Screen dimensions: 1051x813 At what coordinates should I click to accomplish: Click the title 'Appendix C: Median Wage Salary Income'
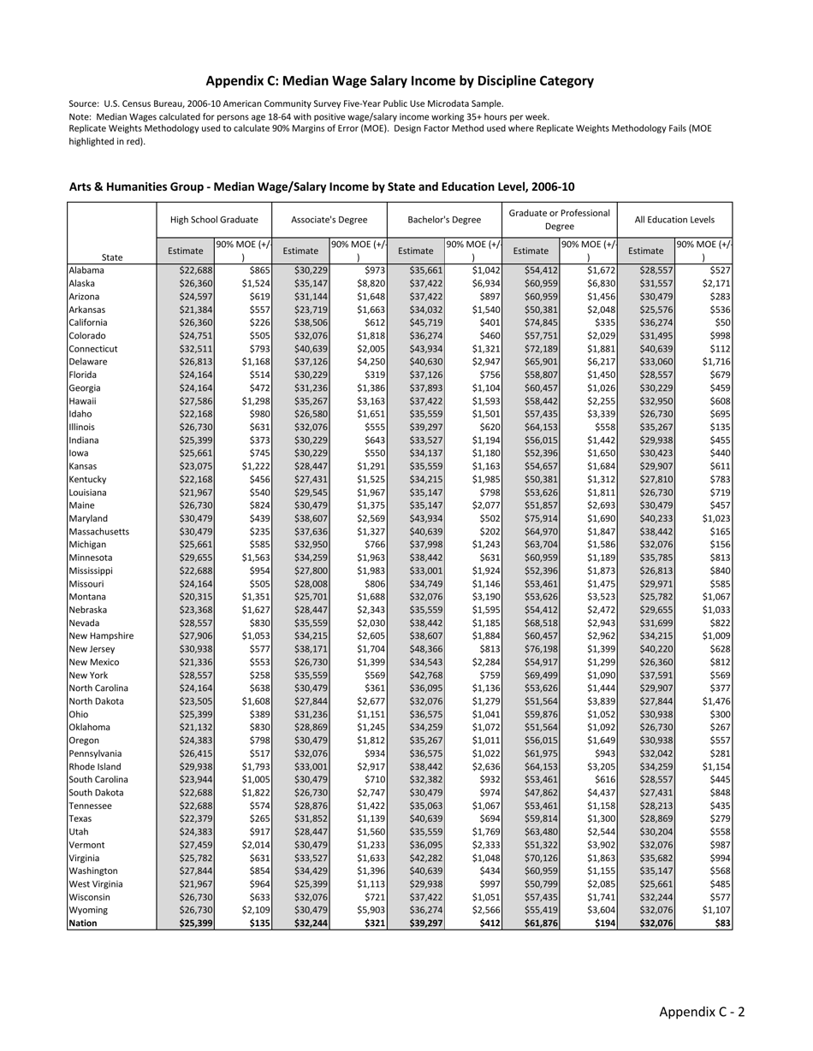[400, 81]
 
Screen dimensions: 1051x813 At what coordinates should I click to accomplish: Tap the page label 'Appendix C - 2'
[701, 1012]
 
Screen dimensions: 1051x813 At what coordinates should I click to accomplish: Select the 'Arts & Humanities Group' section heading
[321, 186]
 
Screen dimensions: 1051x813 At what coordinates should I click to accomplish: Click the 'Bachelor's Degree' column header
[444, 220]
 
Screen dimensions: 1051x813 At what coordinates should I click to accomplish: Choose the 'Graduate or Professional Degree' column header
[560, 220]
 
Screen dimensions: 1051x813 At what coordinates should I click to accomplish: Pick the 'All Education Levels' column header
[674, 220]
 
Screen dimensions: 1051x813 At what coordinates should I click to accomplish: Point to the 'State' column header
[111, 257]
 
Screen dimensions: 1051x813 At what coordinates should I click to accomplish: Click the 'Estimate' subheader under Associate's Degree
[300, 251]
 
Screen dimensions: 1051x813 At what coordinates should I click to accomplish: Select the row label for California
[88, 322]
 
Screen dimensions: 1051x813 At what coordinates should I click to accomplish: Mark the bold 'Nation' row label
[83, 924]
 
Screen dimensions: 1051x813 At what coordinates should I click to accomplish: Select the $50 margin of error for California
[722, 322]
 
